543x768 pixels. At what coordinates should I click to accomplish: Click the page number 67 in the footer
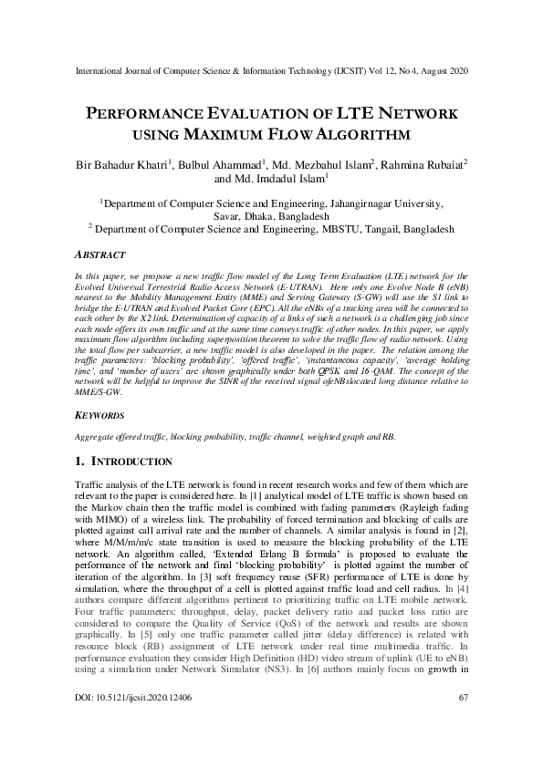[461, 723]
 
